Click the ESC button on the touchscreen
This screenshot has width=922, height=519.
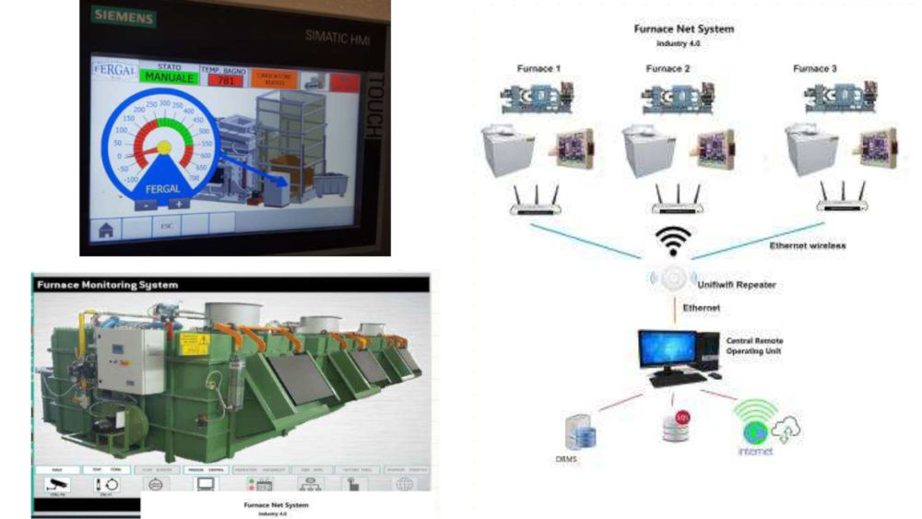[x=166, y=224]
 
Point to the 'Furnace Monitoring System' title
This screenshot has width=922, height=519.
[x=107, y=285]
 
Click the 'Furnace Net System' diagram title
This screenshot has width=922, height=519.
[x=683, y=29]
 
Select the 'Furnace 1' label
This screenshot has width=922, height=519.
[x=538, y=69]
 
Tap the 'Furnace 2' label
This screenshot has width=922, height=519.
[x=668, y=69]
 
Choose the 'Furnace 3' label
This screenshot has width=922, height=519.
[x=815, y=69]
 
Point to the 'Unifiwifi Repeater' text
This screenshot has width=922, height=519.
[x=738, y=285]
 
